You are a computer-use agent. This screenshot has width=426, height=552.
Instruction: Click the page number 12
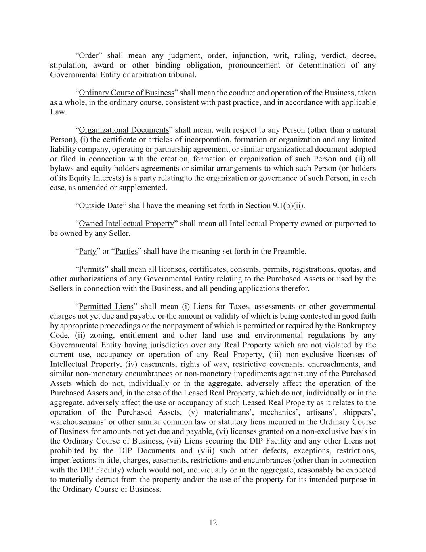213,522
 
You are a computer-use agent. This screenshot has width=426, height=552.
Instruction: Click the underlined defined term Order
88,55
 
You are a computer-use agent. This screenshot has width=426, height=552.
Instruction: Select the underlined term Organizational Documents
124,130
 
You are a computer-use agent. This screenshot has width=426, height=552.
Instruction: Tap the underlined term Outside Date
101,205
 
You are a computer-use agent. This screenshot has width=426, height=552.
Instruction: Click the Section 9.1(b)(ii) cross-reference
275,205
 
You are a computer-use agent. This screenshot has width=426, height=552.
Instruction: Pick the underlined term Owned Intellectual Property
126,224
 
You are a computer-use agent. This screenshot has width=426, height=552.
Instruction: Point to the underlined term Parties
126,251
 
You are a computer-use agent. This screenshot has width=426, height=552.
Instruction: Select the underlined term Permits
92,269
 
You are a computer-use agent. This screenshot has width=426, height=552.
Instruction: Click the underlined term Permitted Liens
106,307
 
